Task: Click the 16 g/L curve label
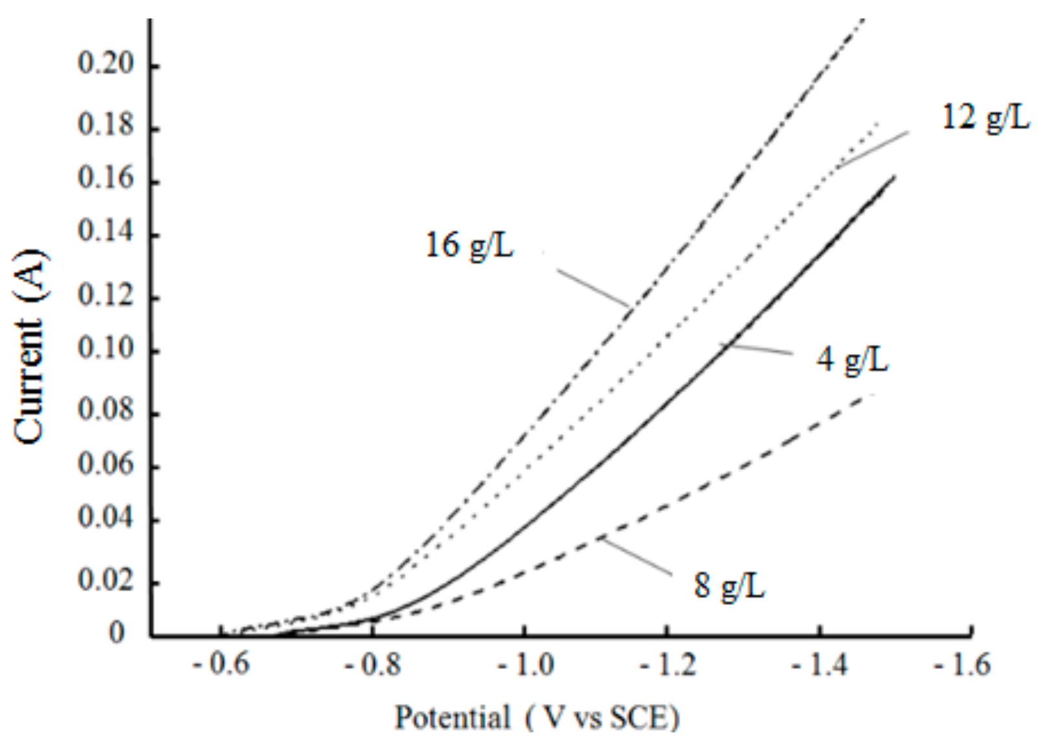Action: coord(469,246)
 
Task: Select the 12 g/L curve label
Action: coord(985,117)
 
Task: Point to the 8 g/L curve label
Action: coord(729,585)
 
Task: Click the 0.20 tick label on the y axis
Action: coord(105,64)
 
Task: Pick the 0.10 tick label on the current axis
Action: coord(105,349)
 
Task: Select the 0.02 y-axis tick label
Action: coord(105,580)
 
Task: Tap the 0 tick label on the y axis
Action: coord(117,632)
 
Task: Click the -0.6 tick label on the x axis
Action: coord(221,665)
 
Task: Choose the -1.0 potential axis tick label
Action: coord(526,665)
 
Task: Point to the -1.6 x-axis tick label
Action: coord(962,665)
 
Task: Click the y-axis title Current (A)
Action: coord(30,347)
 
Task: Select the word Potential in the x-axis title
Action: coord(452,718)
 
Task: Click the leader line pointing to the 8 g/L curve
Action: coord(636,556)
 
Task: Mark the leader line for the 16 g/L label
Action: coord(592,288)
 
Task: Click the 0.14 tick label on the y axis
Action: coord(105,232)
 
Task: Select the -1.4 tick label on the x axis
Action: coord(820,665)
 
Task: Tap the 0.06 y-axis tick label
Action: coord(105,464)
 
